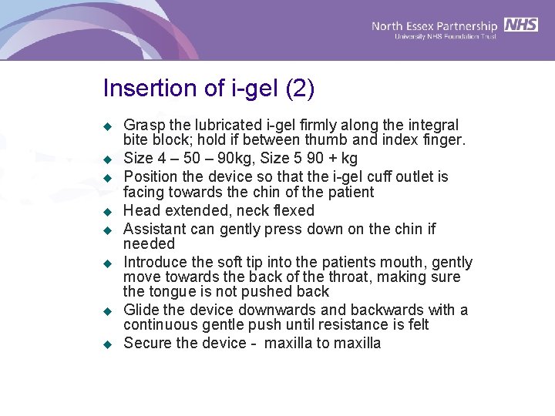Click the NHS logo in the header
point(522,25)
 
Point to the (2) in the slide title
point(300,89)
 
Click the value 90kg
point(240,159)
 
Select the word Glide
point(142,310)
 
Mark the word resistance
point(351,325)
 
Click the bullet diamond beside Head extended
point(109,211)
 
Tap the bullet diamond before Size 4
point(109,159)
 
